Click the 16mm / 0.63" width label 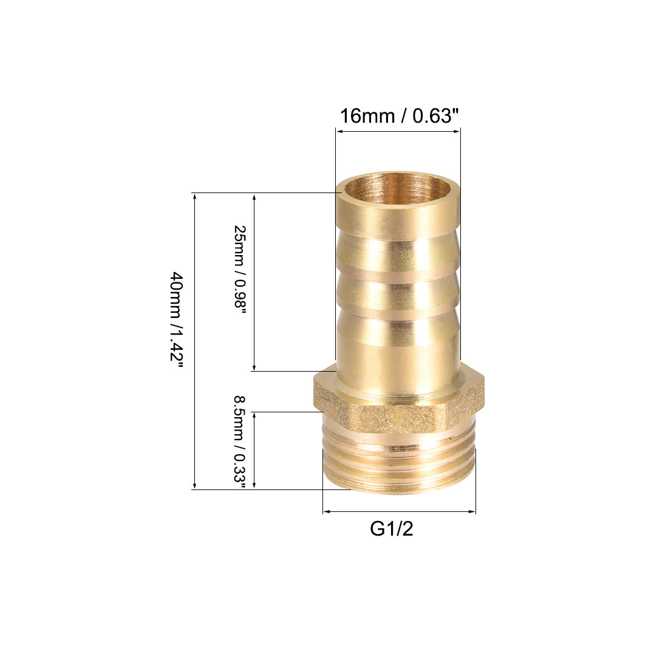[399, 115]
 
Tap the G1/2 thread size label [392, 529]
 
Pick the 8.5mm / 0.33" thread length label [240, 444]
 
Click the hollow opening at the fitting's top [398, 191]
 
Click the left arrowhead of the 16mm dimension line [339, 131]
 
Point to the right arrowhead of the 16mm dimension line [457, 131]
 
